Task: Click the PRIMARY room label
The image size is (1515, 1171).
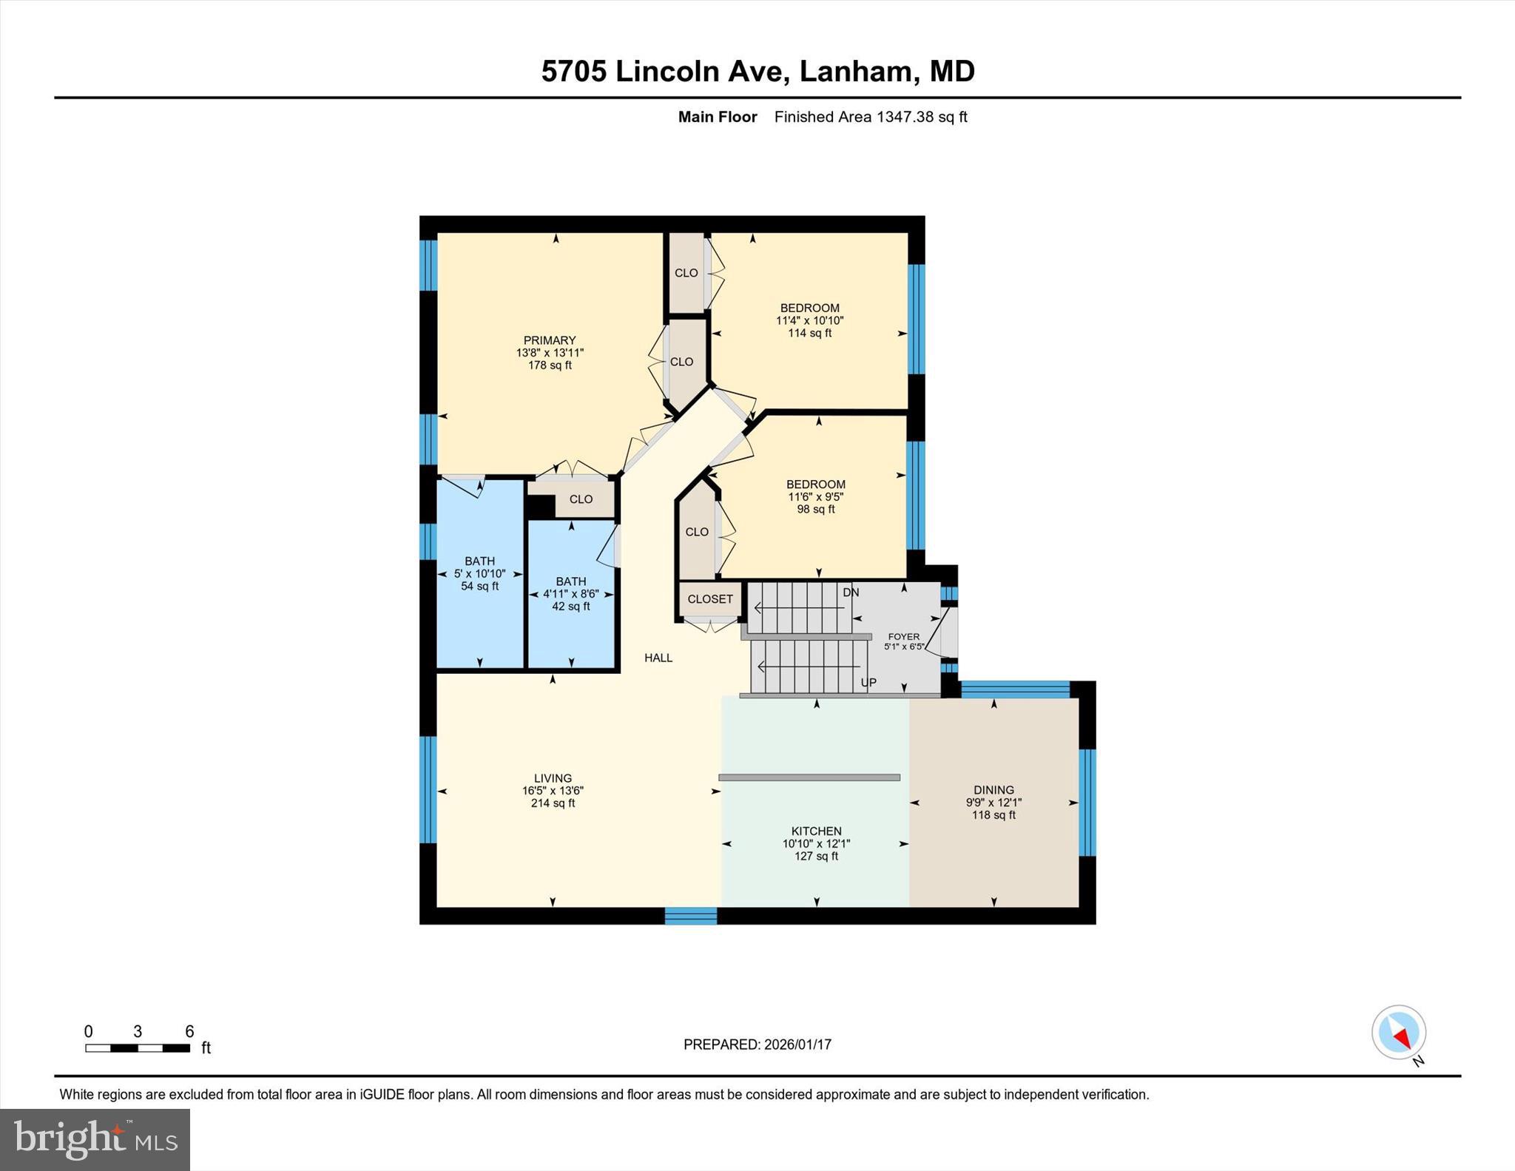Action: point(549,341)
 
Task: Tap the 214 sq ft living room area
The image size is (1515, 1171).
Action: point(553,803)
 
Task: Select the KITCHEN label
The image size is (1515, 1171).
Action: point(816,831)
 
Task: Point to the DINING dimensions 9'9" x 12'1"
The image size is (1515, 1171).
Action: point(993,803)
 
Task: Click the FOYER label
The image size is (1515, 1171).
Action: point(903,636)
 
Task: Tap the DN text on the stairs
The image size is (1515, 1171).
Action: point(851,593)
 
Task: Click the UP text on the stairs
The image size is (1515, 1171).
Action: point(868,682)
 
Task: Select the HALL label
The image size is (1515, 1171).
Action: point(658,658)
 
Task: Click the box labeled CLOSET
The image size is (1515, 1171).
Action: point(710,599)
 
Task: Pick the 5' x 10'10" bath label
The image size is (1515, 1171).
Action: point(479,573)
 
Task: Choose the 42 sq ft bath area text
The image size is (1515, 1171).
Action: point(570,607)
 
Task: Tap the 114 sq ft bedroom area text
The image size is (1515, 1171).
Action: point(809,333)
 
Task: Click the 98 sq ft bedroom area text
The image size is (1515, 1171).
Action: point(815,509)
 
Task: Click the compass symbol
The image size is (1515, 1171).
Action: point(1398,1033)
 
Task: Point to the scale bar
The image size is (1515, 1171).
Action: point(138,1047)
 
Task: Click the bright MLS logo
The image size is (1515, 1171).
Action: point(95,1139)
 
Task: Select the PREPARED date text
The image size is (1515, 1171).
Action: point(757,1045)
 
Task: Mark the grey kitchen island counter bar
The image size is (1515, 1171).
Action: point(809,777)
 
